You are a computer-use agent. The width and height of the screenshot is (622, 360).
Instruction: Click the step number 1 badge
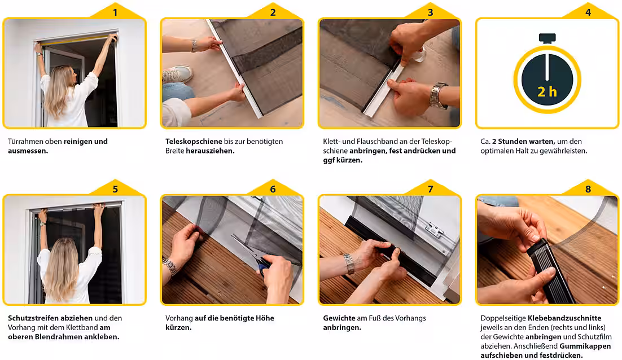115,12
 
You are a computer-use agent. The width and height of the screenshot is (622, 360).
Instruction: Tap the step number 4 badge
588,12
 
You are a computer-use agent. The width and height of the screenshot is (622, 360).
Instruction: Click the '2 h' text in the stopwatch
547,92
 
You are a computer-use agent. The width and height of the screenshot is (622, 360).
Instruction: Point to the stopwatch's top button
547,38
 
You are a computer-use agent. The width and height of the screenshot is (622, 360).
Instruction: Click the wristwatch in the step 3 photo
438,96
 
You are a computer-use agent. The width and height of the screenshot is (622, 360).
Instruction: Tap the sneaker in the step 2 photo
177,74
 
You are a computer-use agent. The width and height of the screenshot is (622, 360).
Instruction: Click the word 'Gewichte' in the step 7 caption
339,318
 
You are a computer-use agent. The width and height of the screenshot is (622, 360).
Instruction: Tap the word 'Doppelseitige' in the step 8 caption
503,318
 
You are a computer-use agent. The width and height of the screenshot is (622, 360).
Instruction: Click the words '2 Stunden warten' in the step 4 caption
523,142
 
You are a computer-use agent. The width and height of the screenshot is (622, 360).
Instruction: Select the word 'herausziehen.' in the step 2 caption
210,151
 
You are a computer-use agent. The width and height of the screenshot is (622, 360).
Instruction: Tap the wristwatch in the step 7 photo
349,264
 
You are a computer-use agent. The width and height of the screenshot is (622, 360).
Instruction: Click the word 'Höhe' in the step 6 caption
265,318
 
